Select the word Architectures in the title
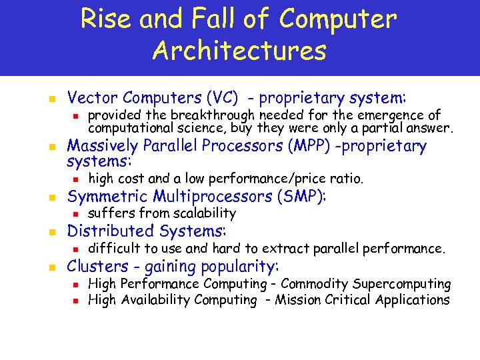tap(239, 51)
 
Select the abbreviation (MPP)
tap(311, 146)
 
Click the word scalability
tap(204, 213)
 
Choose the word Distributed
tap(109, 231)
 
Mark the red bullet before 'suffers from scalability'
tap(76, 214)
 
